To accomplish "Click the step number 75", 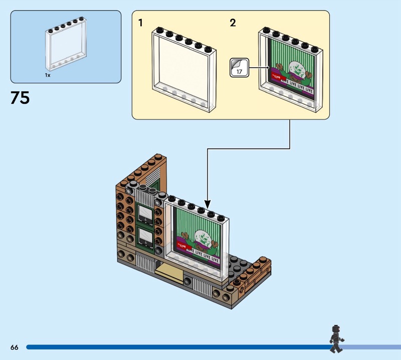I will tap(20, 97).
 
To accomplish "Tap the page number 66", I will tap(14, 347).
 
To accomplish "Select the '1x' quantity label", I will tap(48, 75).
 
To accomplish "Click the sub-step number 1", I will tap(141, 23).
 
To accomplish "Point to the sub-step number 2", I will tap(233, 23).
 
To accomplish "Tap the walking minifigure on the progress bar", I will tap(335, 339).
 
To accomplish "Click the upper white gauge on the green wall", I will tap(146, 215).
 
